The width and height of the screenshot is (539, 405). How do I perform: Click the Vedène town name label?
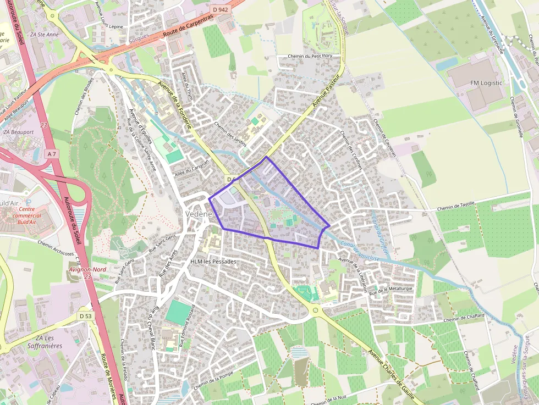(x=196, y=214)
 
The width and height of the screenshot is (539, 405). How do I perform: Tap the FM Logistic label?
(x=486, y=83)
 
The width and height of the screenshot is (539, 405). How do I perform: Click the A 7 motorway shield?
(x=52, y=154)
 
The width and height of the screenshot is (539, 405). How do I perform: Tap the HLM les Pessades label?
(x=213, y=262)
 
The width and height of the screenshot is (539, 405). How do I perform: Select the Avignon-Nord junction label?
(x=88, y=270)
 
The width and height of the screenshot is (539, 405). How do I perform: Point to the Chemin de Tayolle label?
(x=455, y=208)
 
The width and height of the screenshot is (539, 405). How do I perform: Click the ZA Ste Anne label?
(x=45, y=34)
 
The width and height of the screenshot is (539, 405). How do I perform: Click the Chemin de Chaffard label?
(x=464, y=317)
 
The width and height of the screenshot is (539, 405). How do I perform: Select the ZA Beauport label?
(x=18, y=132)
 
